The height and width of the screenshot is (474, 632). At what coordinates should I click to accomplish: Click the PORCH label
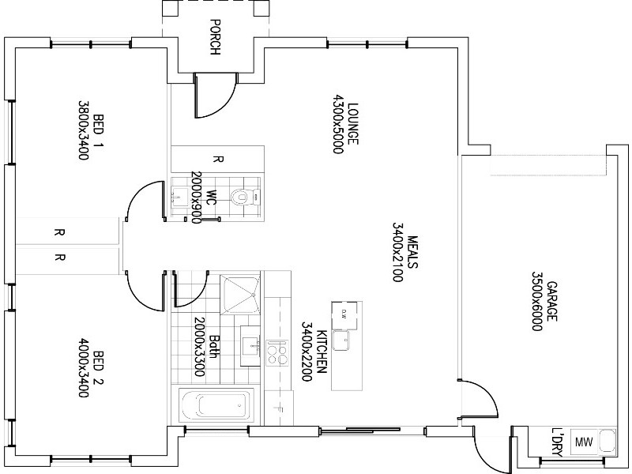pos(214,37)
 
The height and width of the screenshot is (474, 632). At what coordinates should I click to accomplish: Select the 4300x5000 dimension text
pos(338,123)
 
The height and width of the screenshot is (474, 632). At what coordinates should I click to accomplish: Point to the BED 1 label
pos(99,130)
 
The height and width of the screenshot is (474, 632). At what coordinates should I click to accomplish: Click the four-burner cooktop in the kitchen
pos(276,352)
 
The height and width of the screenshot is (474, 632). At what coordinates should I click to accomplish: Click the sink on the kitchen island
pos(343,340)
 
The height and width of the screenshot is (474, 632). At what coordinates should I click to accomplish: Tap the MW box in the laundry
pos(585,442)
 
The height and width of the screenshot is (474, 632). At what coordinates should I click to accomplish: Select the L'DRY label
pos(558,442)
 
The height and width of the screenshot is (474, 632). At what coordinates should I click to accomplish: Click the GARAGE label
pos(552,301)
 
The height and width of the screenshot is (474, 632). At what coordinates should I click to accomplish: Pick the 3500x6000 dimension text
pos(536,301)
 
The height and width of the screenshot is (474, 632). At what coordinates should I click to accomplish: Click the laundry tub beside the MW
pos(607,442)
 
